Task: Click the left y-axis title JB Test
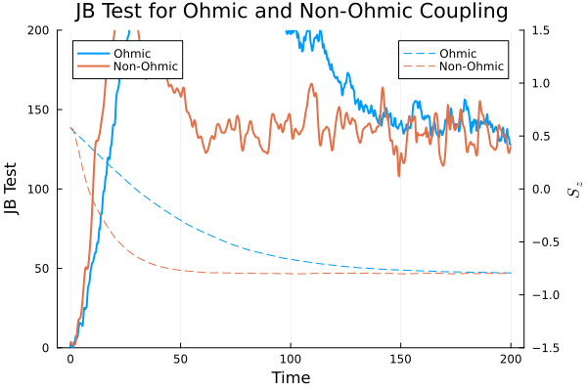(x=13, y=189)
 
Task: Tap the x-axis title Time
(x=291, y=377)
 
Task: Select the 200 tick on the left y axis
(x=40, y=30)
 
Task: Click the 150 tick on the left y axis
(x=40, y=109)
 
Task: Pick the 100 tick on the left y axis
(x=40, y=189)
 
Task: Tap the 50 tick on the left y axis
(x=44, y=268)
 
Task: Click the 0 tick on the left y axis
(x=48, y=347)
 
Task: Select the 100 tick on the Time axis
(x=291, y=360)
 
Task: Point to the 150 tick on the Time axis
(x=400, y=360)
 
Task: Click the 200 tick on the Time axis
(x=511, y=360)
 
